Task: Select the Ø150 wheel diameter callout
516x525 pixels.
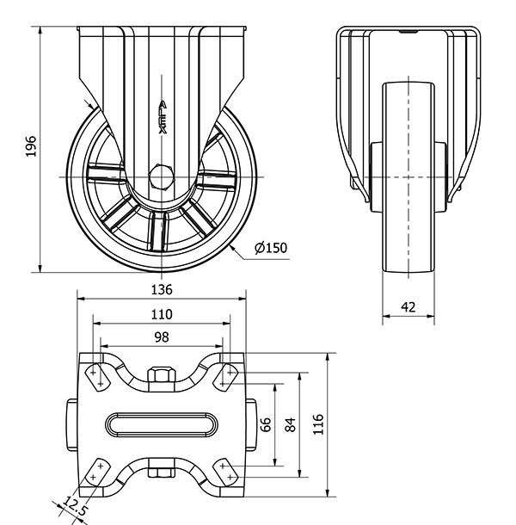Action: (270, 249)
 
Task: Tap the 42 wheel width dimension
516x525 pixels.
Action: (408, 306)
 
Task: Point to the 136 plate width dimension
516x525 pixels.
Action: (162, 289)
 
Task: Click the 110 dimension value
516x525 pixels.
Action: (162, 313)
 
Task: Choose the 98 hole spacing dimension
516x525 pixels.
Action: (162, 337)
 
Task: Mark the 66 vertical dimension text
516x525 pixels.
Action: (267, 423)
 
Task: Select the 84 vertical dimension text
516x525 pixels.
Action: (291, 423)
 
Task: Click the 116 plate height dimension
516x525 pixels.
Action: (318, 423)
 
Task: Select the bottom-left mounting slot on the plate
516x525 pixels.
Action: (95, 471)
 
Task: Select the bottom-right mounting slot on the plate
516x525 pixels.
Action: (229, 471)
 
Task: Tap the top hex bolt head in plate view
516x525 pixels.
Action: (161, 375)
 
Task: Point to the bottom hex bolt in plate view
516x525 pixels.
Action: (161, 471)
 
